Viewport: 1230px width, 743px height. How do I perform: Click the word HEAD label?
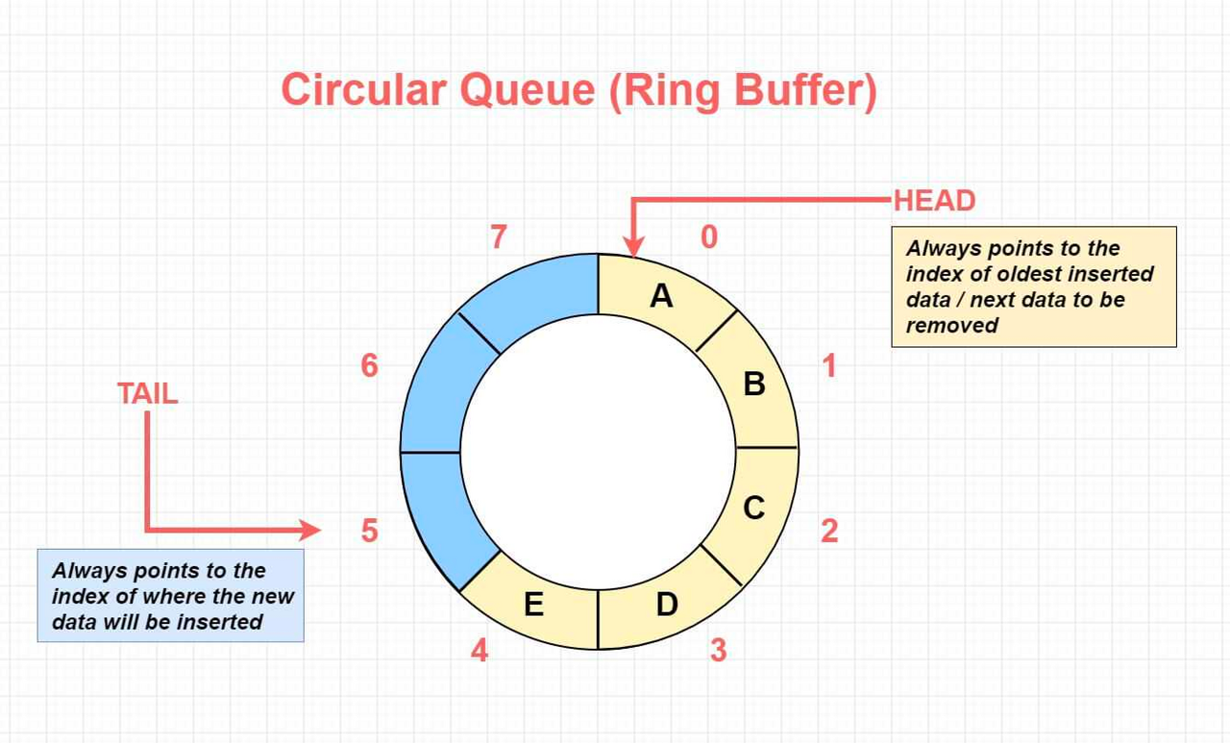tap(934, 201)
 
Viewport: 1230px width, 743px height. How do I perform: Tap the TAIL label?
tap(148, 393)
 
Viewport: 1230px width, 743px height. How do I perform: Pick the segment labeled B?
tap(754, 384)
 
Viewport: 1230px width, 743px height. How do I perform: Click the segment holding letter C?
tap(754, 508)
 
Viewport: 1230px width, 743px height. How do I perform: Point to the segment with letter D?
tap(667, 605)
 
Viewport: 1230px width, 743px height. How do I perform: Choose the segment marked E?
tap(534, 605)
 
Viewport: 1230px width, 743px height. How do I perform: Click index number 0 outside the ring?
tap(709, 236)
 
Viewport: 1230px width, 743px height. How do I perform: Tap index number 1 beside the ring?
tap(828, 365)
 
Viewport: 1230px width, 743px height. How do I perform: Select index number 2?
tap(828, 530)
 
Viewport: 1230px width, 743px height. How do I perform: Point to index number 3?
tap(718, 651)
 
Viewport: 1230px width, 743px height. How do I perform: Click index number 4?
tap(480, 651)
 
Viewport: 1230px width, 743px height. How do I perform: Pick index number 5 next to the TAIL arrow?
tap(370, 530)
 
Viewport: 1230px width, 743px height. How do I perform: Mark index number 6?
tap(370, 365)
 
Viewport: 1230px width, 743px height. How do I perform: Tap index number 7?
tap(499, 236)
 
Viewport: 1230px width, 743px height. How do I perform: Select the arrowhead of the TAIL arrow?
tap(310, 530)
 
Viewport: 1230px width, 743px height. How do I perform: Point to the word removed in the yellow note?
tap(952, 325)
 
